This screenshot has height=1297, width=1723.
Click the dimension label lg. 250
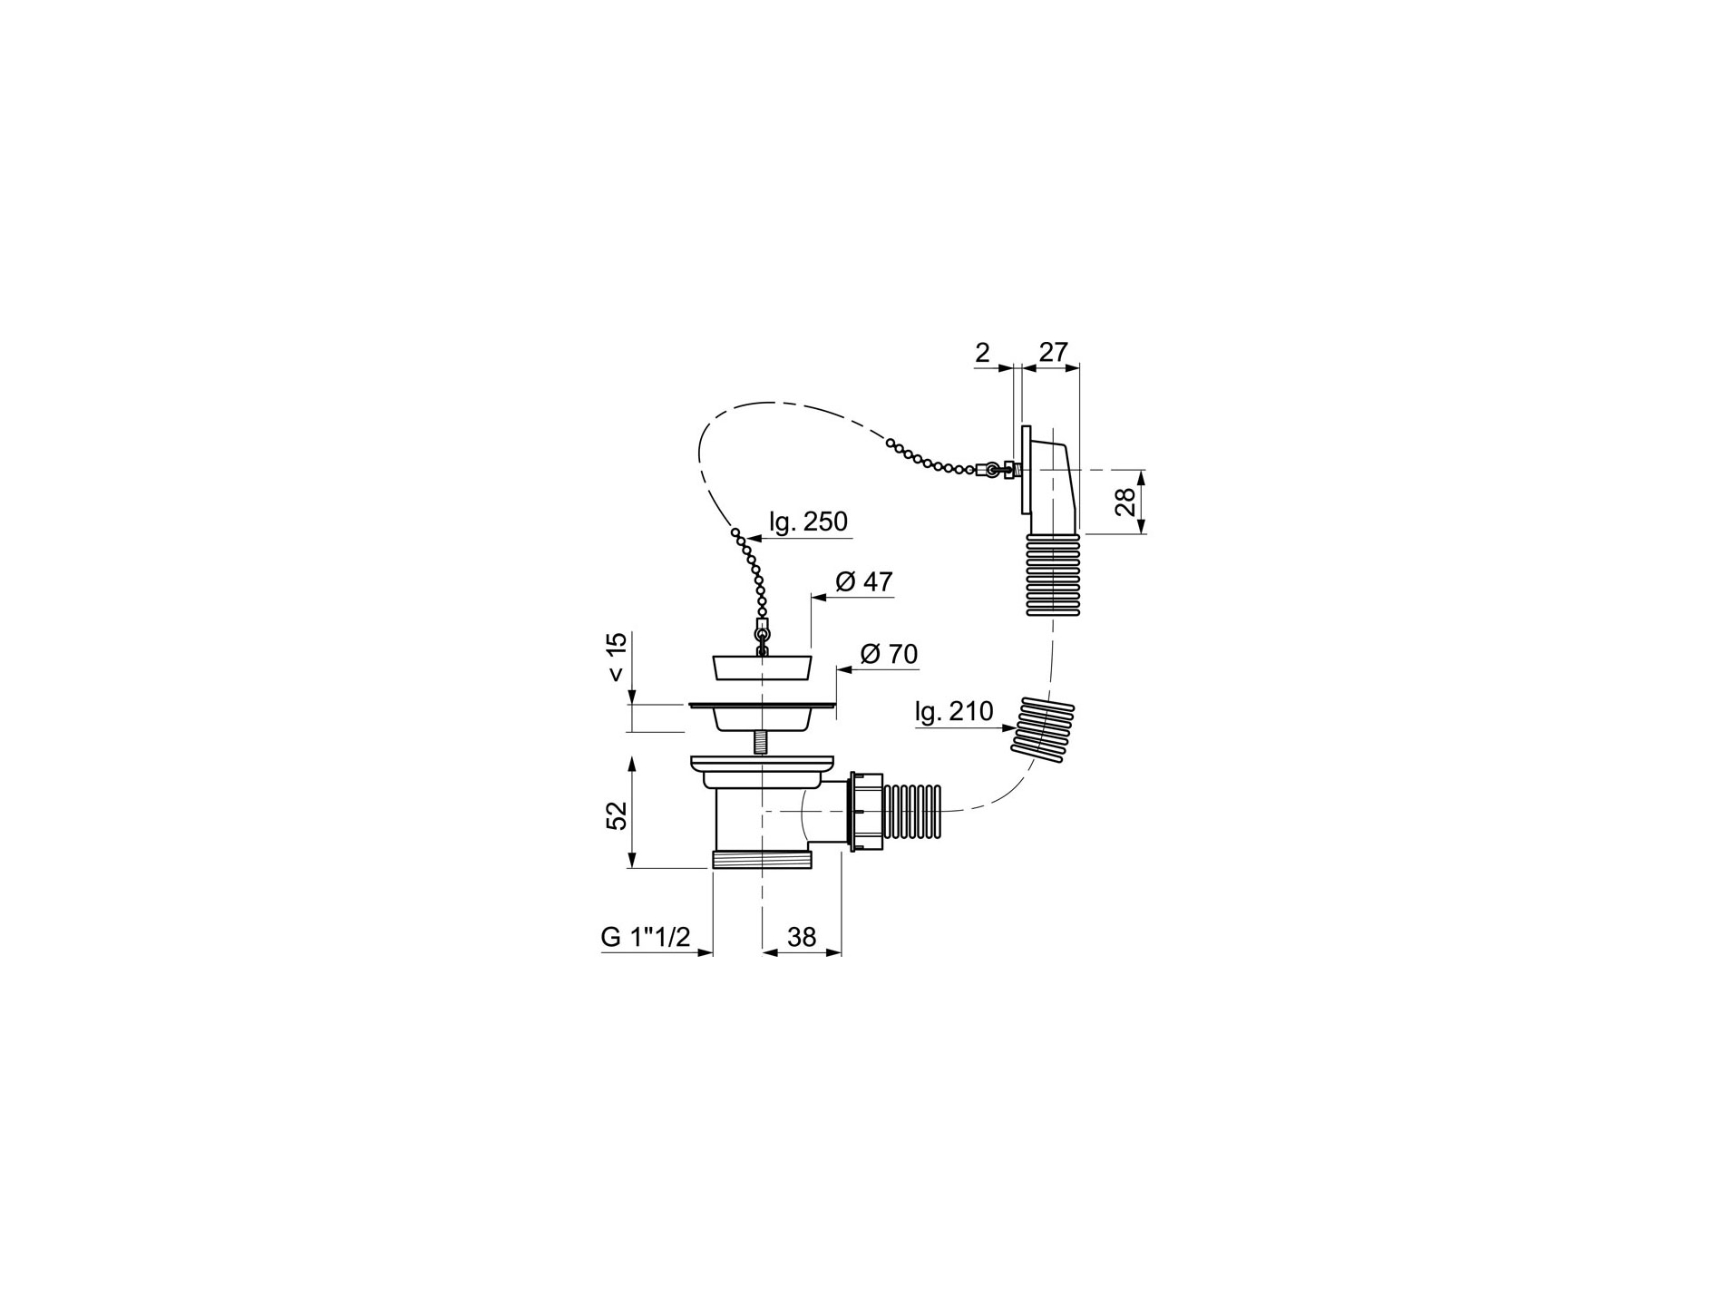click(x=807, y=522)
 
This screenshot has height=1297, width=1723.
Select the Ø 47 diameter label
click(x=863, y=581)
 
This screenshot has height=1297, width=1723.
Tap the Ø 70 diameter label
click(x=889, y=654)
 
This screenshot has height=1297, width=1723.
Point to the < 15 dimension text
click(x=617, y=658)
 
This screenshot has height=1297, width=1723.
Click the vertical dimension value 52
click(x=618, y=815)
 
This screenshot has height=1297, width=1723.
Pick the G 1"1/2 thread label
click(x=646, y=937)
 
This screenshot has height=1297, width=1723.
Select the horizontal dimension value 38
click(x=802, y=937)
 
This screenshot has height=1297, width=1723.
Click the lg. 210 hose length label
click(x=954, y=712)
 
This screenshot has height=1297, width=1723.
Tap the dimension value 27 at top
click(x=1053, y=352)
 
